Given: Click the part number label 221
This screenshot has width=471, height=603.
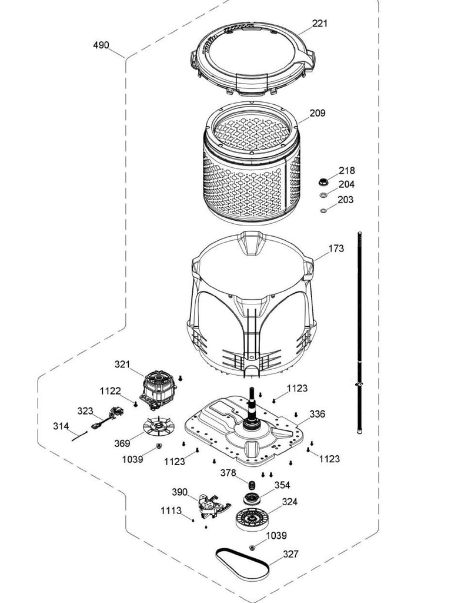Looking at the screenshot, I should click(x=320, y=24).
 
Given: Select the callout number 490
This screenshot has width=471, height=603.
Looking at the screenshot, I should click(x=101, y=45).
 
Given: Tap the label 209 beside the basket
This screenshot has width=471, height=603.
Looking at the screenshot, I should click(x=317, y=113).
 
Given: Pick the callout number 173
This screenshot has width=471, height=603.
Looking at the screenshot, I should click(x=336, y=249).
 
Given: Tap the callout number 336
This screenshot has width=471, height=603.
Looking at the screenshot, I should click(x=317, y=414).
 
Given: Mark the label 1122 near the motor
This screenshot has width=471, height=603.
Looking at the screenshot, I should click(x=110, y=390).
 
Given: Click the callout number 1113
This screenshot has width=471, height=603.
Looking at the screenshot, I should click(x=171, y=511).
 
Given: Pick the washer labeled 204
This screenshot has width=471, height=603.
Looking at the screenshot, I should click(x=323, y=194).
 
